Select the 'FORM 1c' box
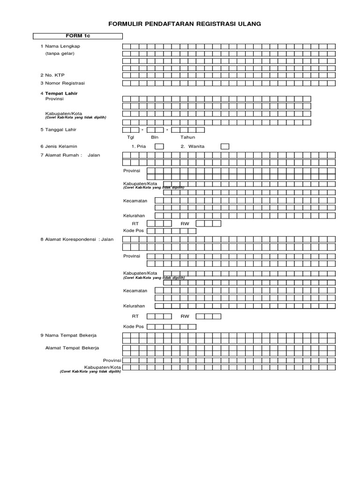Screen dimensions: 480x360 (x=77, y=36)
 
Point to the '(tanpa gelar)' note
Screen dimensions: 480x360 (x=60, y=53)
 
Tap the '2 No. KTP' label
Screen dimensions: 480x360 (x=52, y=75)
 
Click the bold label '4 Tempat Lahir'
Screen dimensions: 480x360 (x=59, y=93)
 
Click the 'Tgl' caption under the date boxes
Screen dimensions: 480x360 (x=131, y=137)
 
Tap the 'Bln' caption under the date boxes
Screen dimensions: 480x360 (x=155, y=137)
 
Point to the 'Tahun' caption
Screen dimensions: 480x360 (x=187, y=137)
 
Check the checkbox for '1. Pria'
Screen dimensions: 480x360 (x=159, y=146)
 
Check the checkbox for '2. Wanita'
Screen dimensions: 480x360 (x=225, y=146)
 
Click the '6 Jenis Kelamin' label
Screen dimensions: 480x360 (x=59, y=146)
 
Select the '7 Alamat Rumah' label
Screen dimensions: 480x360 (x=61, y=155)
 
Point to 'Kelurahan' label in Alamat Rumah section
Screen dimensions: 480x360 (x=134, y=216)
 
